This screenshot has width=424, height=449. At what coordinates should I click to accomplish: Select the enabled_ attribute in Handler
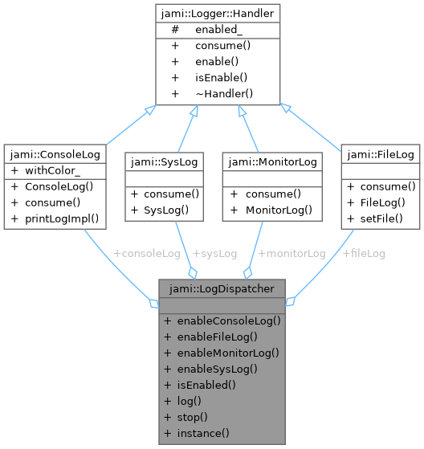(218, 29)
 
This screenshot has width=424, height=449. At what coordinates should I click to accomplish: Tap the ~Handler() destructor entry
(223, 94)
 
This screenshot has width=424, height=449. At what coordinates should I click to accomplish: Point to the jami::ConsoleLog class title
(52, 153)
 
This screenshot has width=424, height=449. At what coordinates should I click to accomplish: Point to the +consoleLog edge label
(147, 253)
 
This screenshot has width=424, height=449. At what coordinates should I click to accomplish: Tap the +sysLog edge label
(214, 253)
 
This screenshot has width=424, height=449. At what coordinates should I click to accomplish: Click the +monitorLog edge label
(291, 253)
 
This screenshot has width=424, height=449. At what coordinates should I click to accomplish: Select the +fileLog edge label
(364, 253)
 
